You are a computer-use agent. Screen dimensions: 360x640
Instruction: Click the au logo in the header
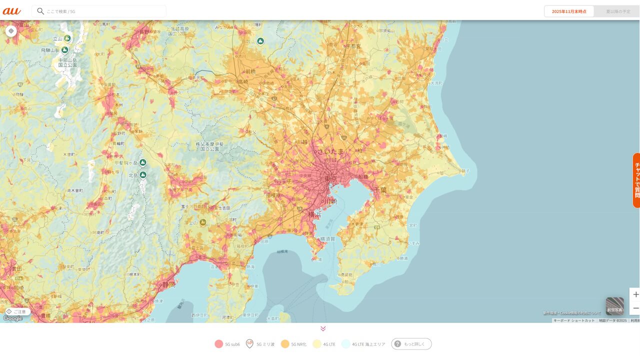(x=11, y=11)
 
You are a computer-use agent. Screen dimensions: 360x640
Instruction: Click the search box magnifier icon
(x=40, y=11)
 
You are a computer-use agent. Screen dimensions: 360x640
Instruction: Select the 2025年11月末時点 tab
(x=569, y=11)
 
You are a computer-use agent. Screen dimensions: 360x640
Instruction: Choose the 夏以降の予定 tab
(x=618, y=11)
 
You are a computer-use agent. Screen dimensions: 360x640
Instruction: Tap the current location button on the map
(x=11, y=31)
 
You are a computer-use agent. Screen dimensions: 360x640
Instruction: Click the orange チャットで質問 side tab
(x=636, y=180)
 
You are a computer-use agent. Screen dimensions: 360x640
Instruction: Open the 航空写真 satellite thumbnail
(x=614, y=306)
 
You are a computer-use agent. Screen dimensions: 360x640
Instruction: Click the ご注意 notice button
(x=16, y=311)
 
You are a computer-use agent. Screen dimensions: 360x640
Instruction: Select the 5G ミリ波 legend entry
(x=260, y=344)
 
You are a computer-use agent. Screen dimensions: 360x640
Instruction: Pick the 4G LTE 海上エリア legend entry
(x=363, y=344)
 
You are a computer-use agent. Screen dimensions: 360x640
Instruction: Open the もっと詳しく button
(x=411, y=344)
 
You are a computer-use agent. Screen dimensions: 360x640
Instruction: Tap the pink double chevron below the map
(x=323, y=328)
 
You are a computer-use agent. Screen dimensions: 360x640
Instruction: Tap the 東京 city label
(x=330, y=178)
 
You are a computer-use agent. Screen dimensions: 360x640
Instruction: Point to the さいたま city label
(x=330, y=151)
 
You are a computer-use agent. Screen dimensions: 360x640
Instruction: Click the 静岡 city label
(x=169, y=284)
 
